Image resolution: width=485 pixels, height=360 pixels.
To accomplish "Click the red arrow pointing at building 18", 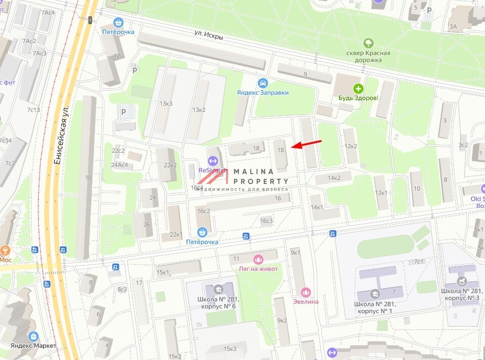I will (306, 144).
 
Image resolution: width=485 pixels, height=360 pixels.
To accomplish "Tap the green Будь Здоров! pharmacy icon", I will (358, 88).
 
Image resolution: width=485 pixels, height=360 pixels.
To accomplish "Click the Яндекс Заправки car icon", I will (263, 83).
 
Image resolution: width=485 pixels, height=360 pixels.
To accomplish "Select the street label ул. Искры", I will (209, 32).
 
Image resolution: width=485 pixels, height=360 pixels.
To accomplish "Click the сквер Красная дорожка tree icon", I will (368, 43).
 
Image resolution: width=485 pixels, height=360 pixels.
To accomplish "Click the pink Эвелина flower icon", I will (306, 292).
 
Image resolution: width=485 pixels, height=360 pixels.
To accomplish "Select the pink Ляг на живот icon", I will (258, 259).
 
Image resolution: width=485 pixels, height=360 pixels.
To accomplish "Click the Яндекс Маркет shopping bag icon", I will (33, 336).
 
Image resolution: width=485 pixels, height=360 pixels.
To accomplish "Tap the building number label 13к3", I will (166, 104).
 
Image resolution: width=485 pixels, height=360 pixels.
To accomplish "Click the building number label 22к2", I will (170, 165).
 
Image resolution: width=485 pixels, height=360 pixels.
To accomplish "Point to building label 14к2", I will (334, 177).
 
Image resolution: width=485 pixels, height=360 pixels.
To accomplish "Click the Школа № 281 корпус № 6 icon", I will (219, 289).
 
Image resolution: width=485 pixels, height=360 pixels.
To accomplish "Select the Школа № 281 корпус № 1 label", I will (377, 307).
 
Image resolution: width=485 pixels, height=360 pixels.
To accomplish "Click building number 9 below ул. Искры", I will (305, 75).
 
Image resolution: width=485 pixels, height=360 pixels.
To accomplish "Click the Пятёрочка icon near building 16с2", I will (202, 232).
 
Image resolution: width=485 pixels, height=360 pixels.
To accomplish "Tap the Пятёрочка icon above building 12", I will (118, 22).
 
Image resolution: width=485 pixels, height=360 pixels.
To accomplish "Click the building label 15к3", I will (230, 348).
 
